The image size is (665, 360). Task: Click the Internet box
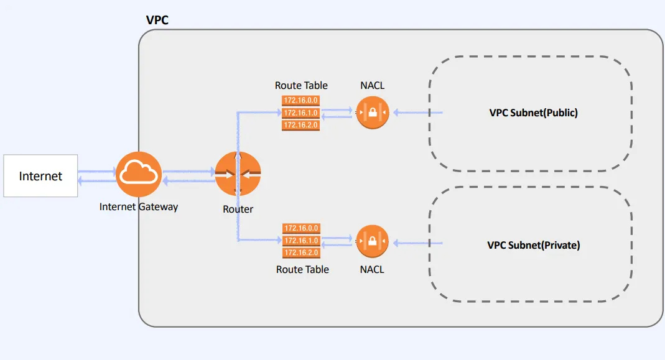point(40,176)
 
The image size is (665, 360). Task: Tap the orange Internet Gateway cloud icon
point(139,174)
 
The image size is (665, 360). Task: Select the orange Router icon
point(238,174)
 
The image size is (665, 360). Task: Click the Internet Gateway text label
point(139,206)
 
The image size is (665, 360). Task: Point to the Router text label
point(238,210)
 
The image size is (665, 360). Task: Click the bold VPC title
point(157,20)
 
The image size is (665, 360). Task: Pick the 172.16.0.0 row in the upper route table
point(301,100)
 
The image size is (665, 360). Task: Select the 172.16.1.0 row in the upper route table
point(301,113)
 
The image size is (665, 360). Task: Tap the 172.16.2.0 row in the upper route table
point(301,125)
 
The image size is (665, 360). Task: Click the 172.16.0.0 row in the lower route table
point(301,228)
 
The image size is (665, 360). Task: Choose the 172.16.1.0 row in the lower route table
point(301,241)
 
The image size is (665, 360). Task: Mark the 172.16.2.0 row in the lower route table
point(301,252)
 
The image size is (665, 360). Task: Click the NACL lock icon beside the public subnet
point(372,113)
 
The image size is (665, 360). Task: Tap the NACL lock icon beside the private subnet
point(372,241)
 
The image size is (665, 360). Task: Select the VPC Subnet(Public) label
point(534,113)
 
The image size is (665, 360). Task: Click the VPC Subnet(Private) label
point(534,245)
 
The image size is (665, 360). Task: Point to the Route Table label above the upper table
point(301,85)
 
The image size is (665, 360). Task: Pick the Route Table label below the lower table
point(302,269)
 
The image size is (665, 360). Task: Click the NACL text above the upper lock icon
point(372,85)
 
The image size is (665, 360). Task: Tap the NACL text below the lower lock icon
point(372,269)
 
